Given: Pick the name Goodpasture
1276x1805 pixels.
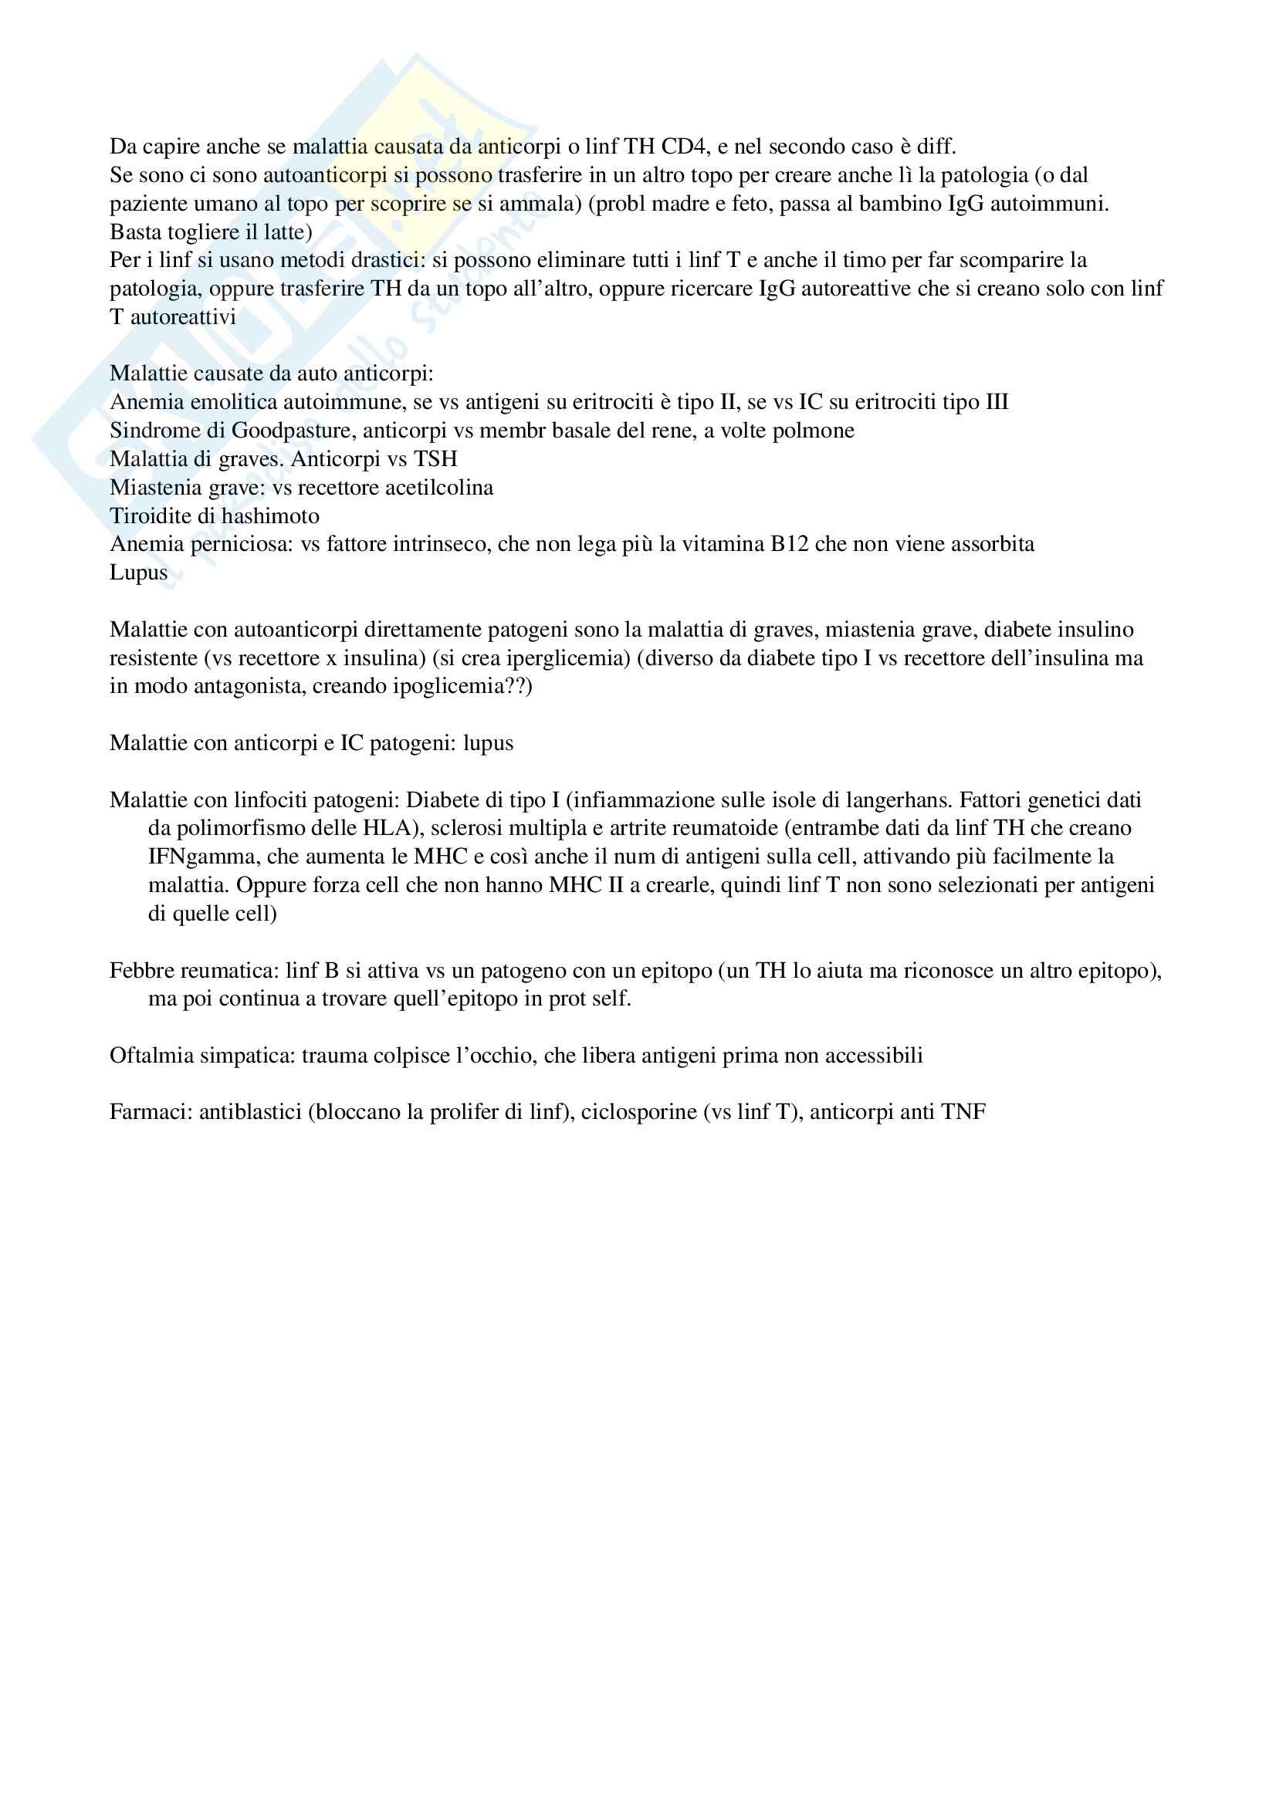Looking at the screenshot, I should [x=290, y=431].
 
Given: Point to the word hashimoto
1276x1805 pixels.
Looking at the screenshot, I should [x=272, y=515].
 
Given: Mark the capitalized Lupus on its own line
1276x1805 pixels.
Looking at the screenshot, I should [x=138, y=573].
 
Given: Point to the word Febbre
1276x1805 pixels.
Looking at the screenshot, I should [x=141, y=971].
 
